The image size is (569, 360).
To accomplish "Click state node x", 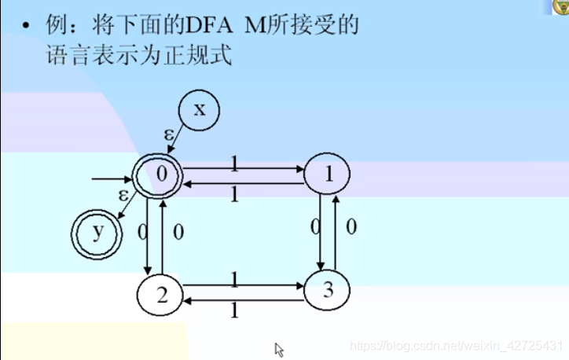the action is click(x=200, y=110).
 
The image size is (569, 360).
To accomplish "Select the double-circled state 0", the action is click(x=161, y=175).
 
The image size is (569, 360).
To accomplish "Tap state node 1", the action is click(x=328, y=175).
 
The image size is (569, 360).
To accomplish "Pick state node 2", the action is click(x=160, y=296).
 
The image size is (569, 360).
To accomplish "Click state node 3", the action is click(x=327, y=291).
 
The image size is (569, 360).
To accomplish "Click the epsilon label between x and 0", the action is click(x=169, y=134).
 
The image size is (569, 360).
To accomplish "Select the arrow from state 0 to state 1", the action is click(x=244, y=168).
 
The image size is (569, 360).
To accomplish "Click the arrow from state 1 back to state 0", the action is click(x=244, y=183).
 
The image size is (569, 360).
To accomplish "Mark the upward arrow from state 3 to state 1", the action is click(x=336, y=232).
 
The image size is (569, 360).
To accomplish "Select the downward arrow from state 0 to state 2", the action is click(x=147, y=236).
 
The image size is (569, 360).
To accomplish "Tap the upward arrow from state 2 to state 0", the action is click(x=163, y=236).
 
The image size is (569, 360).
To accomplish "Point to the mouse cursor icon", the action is click(x=279, y=350).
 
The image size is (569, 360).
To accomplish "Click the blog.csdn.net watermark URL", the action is click(x=457, y=346).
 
